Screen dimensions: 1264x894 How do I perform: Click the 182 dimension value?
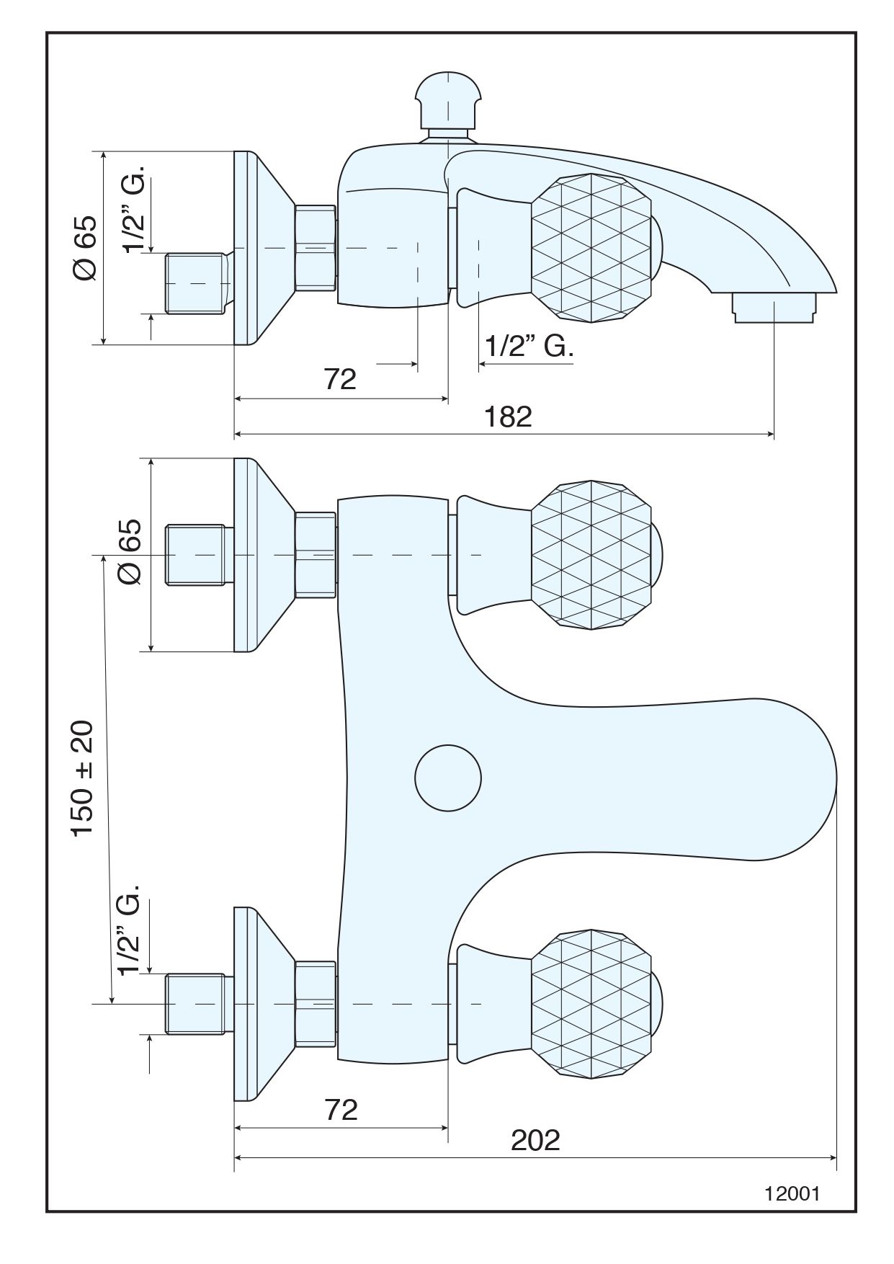pos(508,417)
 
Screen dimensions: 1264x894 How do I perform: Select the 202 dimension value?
pos(535,1140)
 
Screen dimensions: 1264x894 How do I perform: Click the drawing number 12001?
pos(792,1193)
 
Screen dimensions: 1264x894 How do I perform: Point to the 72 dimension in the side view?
pos(340,379)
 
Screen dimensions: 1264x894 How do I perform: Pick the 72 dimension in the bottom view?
pos(341,1110)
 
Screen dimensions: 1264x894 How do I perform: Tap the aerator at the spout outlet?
pos(775,306)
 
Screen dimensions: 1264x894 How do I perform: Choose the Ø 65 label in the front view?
pos(130,552)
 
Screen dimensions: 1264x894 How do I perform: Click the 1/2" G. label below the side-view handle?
pos(528,347)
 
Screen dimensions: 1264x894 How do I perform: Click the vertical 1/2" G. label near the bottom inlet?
pos(130,936)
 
